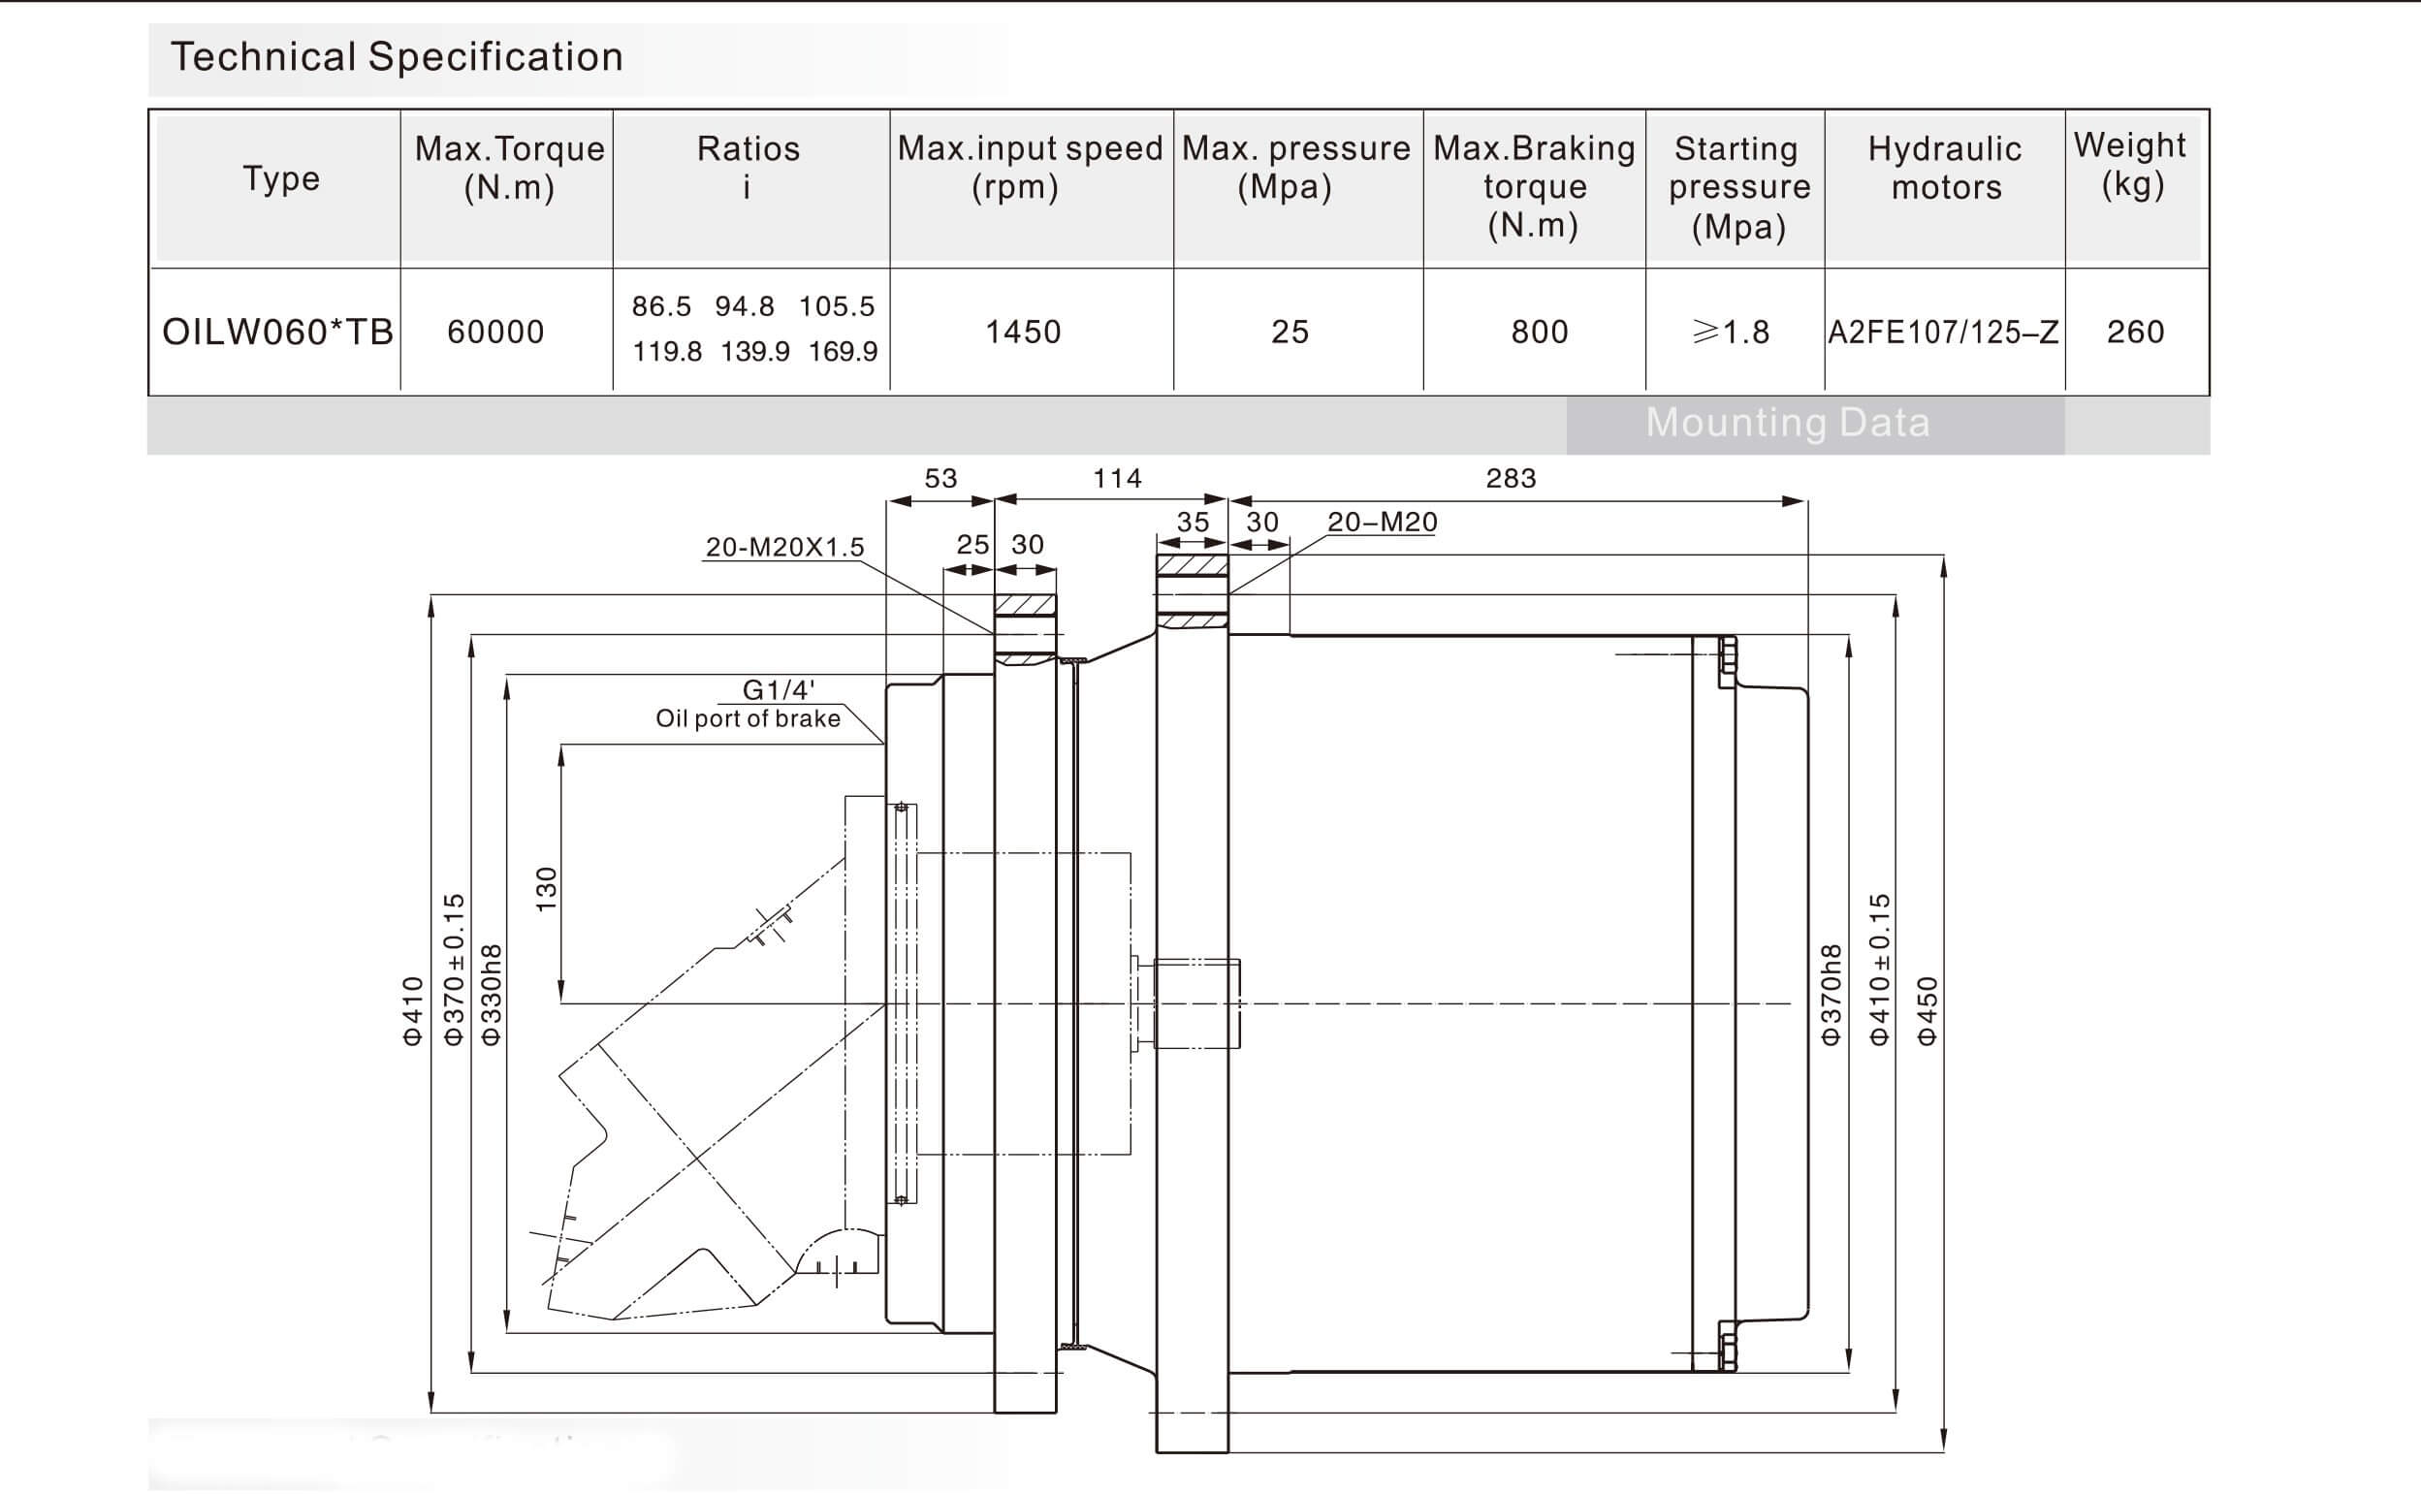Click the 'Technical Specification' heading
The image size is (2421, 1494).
pyautogui.click(x=397, y=57)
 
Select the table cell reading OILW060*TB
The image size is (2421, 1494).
pyautogui.click(x=277, y=332)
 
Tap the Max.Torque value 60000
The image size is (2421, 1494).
pyautogui.click(x=495, y=332)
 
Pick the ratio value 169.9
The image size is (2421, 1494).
pyautogui.click(x=843, y=352)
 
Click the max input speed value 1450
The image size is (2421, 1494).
pyautogui.click(x=1023, y=332)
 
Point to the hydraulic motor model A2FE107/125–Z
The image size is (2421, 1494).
pyautogui.click(x=1943, y=332)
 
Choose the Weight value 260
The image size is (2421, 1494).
pyautogui.click(x=2134, y=332)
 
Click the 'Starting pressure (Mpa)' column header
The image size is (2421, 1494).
pyautogui.click(x=1738, y=188)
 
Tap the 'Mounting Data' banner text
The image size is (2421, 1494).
pyautogui.click(x=1788, y=423)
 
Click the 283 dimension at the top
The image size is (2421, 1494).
pyautogui.click(x=1511, y=479)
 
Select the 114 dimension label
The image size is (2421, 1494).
pyautogui.click(x=1117, y=479)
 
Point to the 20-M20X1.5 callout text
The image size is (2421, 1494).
pyautogui.click(x=784, y=548)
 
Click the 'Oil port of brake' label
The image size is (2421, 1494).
pyautogui.click(x=749, y=719)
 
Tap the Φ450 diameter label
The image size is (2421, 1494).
pyautogui.click(x=1927, y=1011)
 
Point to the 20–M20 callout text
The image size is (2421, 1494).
pyautogui.click(x=1382, y=523)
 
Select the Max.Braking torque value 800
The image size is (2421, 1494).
pyautogui.click(x=1539, y=332)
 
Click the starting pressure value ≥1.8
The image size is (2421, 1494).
pyautogui.click(x=1731, y=332)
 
